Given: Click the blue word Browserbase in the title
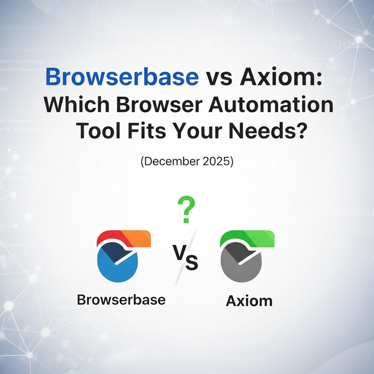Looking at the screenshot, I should [122, 77].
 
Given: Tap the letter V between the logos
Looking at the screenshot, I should [177, 252].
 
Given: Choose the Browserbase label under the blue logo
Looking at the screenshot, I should [121, 299].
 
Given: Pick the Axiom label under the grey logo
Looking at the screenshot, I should [249, 301].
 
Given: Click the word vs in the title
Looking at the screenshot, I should [218, 77].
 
